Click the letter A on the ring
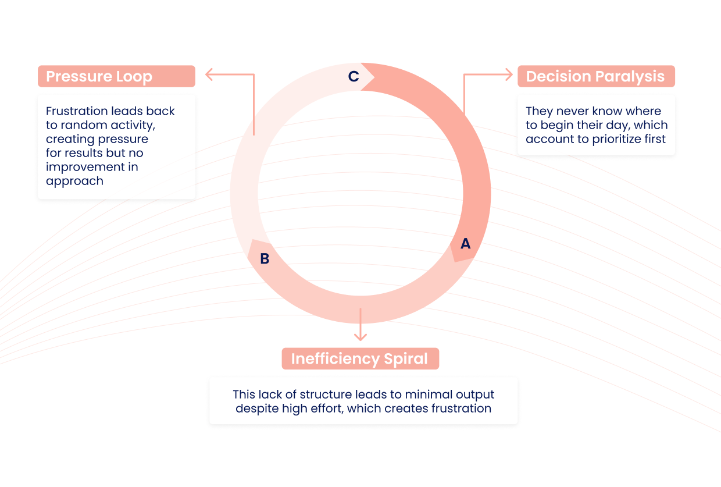465,244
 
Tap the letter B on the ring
265,259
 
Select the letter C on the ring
354,77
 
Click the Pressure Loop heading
99,77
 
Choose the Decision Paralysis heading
595,77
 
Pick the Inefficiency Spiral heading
359,358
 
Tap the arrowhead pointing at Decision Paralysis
509,74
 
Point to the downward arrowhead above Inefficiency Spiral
360,336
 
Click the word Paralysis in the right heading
631,77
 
